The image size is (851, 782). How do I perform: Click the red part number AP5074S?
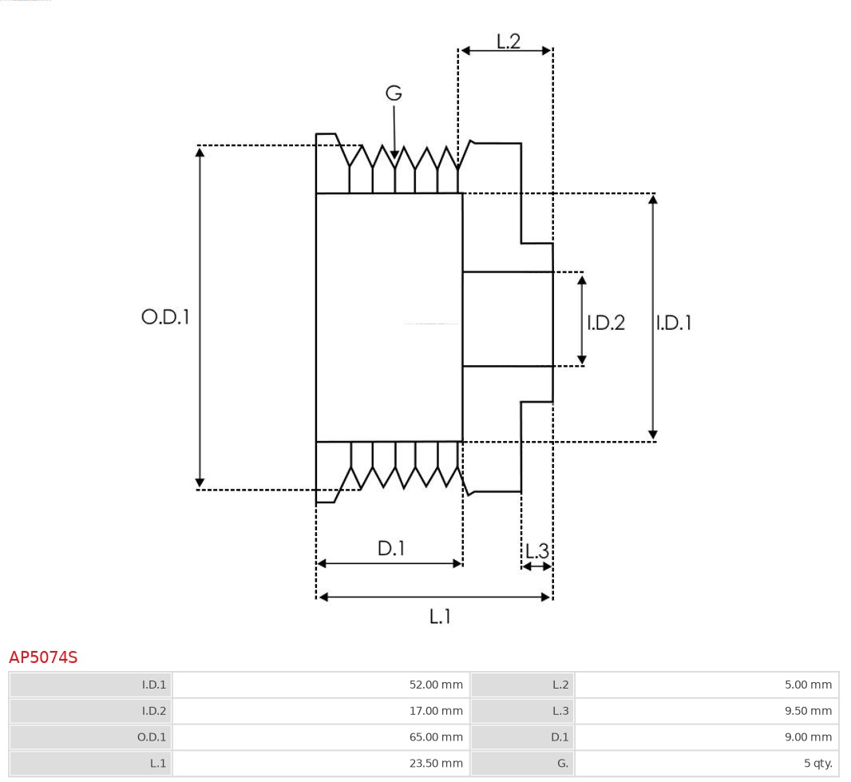43,657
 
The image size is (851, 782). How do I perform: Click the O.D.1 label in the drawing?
165,317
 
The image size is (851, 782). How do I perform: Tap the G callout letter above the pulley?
394,93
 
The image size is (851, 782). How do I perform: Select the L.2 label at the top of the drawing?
509,41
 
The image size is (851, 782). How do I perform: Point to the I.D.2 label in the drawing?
606,323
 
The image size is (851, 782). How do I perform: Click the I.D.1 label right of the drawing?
674,323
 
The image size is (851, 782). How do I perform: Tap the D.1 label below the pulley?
391,548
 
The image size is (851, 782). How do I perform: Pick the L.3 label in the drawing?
537,550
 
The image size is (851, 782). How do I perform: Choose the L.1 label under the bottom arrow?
441,617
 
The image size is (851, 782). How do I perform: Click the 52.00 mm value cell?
435,685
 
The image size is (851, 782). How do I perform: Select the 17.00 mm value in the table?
435,711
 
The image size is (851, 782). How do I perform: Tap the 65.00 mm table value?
435,737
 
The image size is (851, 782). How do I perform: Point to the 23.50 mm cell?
435,764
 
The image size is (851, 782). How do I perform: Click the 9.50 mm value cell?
808,711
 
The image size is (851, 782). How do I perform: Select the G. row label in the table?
563,764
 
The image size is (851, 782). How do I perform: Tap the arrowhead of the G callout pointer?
394,155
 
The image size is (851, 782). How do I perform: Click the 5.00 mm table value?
808,685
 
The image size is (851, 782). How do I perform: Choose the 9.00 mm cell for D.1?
808,737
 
